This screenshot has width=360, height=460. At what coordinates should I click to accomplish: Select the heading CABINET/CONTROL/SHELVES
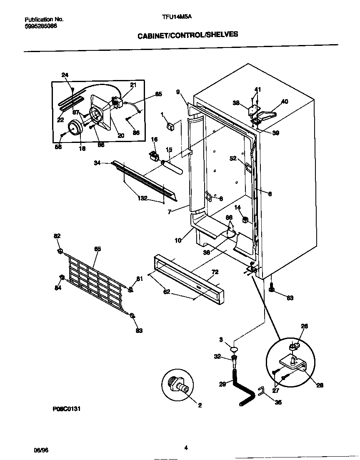(x=188, y=35)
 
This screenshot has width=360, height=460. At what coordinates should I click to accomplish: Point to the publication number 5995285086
(x=41, y=26)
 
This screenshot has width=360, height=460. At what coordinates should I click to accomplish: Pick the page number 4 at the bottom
(x=186, y=448)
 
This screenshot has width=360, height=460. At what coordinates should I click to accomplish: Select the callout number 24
(x=65, y=75)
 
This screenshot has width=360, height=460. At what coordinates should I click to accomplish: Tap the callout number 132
(x=142, y=198)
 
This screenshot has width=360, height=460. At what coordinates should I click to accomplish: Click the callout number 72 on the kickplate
(x=215, y=272)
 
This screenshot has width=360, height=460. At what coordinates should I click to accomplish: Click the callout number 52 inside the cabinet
(x=233, y=158)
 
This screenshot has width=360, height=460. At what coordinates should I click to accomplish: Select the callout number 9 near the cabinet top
(x=178, y=92)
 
